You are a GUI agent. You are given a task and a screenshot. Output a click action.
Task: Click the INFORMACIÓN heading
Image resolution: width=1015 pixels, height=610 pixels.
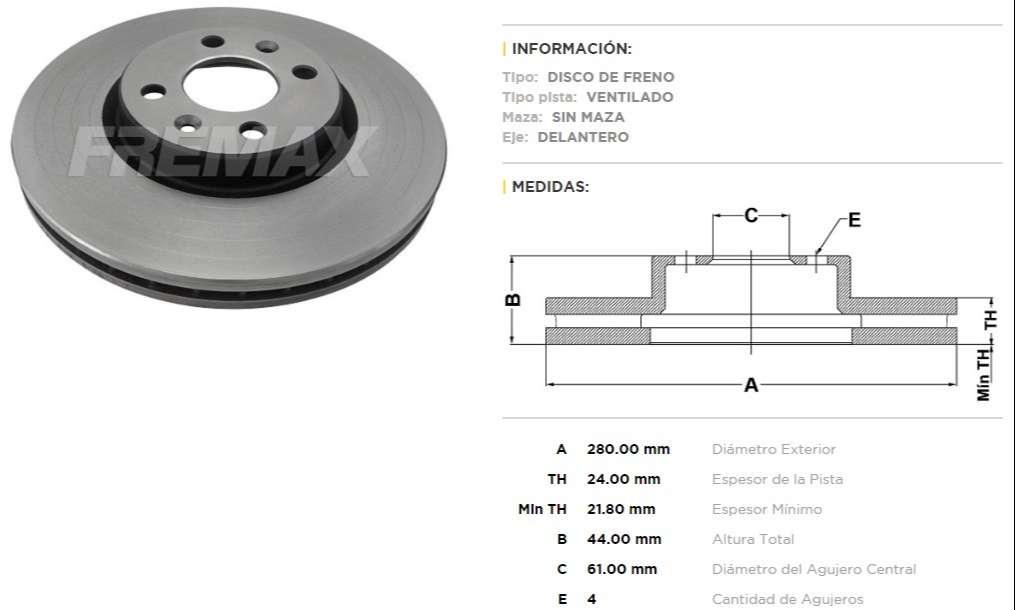(571, 48)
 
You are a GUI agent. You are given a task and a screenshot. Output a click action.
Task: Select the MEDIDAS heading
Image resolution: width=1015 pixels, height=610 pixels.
(550, 186)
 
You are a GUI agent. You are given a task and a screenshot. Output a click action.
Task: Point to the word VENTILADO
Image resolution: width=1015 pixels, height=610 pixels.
(629, 97)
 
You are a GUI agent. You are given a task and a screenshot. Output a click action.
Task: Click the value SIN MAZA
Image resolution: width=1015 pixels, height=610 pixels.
(602, 117)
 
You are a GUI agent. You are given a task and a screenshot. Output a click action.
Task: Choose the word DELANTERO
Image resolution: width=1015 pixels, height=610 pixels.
(583, 137)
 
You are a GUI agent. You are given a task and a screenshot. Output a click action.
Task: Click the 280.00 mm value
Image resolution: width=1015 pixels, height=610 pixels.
(628, 449)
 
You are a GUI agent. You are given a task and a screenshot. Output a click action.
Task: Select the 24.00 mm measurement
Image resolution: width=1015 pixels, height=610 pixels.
(623, 479)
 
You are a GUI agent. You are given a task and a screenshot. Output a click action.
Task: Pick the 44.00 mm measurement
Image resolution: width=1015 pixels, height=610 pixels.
(624, 539)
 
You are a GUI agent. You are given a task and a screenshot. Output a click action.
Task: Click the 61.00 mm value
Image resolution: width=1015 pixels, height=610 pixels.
(622, 569)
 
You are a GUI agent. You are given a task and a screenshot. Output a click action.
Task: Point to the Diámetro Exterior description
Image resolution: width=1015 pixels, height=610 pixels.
(773, 449)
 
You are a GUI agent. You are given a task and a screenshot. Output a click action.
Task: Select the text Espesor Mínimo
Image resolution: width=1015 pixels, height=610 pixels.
(766, 509)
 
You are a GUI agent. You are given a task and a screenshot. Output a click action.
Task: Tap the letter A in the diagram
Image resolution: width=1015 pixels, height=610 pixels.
(751, 384)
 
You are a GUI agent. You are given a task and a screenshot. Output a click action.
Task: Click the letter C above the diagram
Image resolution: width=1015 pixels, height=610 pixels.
(751, 214)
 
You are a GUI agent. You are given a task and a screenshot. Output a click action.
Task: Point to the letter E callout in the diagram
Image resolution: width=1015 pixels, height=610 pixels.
(854, 220)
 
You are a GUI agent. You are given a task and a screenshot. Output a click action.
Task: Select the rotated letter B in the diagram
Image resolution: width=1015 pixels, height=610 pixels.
(511, 299)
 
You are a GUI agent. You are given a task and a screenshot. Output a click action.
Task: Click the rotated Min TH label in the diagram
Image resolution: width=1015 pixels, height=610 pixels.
(985, 375)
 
